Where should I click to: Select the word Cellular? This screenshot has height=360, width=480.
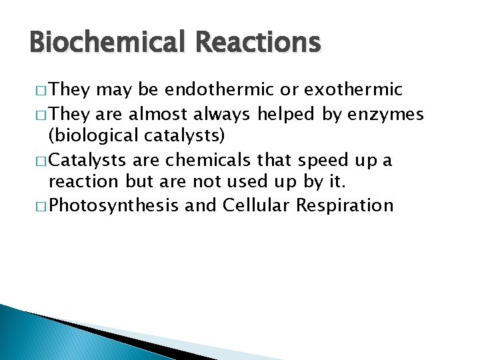coord(259,205)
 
